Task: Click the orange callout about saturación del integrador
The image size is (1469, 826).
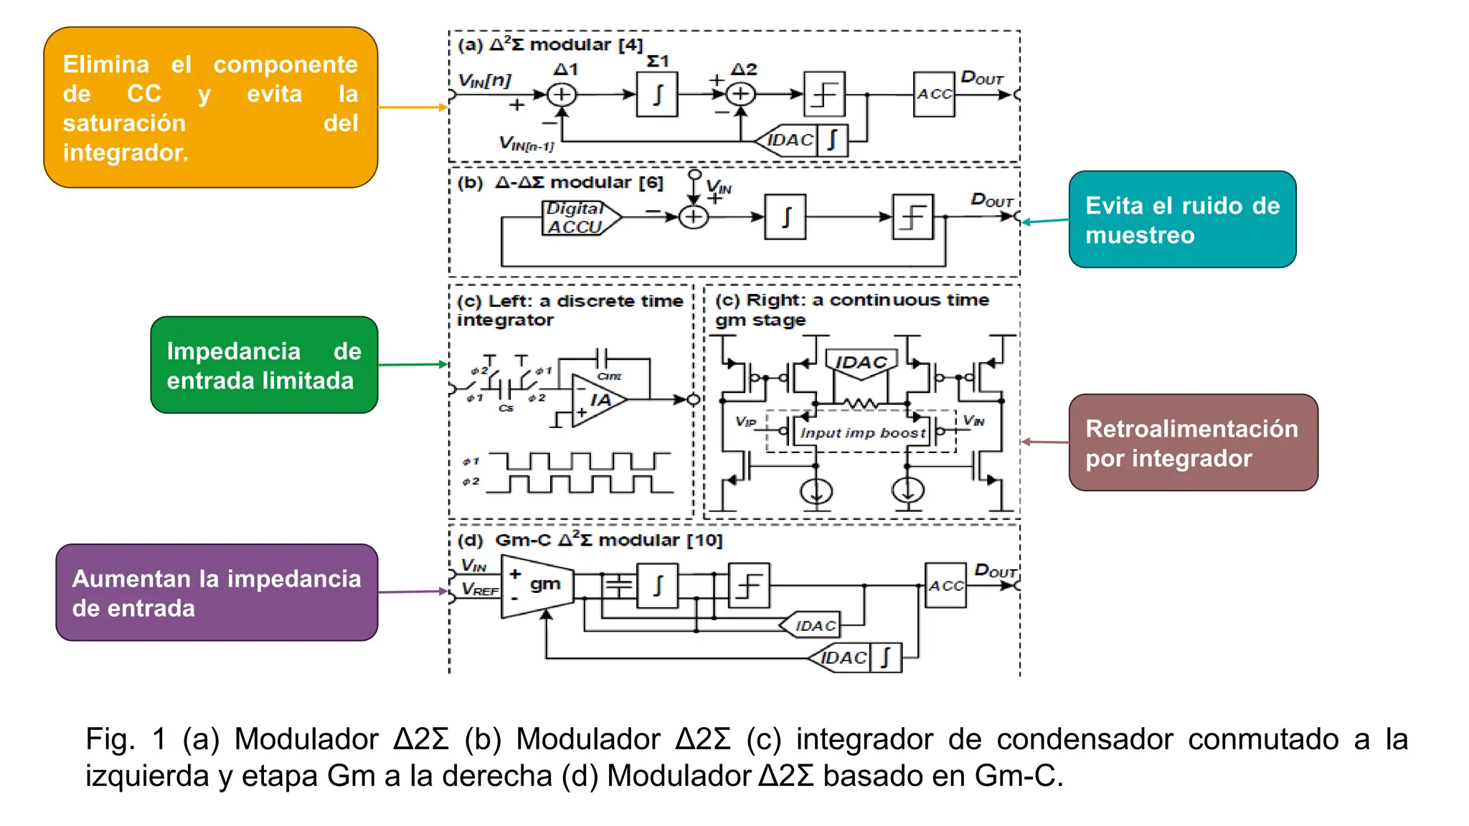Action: (210, 108)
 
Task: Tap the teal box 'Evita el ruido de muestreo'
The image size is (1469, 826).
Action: (1181, 219)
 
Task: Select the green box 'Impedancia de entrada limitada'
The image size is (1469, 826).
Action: (264, 365)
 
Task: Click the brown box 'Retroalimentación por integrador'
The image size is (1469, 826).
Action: (1192, 442)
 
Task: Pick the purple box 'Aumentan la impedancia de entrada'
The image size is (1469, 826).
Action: (217, 592)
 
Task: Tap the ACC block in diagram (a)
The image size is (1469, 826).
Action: (934, 94)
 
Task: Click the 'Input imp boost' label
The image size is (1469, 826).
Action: (862, 433)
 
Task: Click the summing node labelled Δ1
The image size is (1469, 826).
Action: (562, 95)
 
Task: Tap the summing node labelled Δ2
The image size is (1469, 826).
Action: (741, 94)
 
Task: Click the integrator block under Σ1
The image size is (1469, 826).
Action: (657, 94)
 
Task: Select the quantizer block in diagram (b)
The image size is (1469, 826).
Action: (912, 217)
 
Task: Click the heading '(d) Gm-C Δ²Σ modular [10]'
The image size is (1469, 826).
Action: (590, 540)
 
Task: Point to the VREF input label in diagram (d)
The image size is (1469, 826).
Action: (479, 589)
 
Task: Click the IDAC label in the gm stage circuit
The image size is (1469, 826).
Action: (861, 362)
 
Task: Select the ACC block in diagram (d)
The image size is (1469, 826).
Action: (945, 586)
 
